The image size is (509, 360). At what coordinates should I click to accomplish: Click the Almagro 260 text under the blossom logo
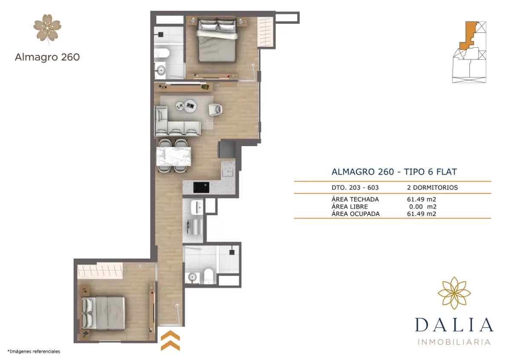click(47, 57)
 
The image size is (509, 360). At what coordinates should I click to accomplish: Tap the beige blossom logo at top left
click(47, 29)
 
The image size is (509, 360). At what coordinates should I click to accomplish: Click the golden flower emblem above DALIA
click(454, 293)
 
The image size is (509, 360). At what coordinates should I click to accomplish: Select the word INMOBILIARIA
click(454, 342)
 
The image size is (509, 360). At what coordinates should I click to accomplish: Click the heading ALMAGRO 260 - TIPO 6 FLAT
click(394, 172)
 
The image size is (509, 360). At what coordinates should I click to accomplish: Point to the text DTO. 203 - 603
click(355, 187)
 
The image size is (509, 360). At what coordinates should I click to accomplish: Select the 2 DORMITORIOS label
click(432, 187)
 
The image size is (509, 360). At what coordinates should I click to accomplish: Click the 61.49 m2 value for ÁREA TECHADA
click(421, 199)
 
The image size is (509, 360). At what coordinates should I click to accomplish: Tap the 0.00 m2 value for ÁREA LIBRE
click(422, 207)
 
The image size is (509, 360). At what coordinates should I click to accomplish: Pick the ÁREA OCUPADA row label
click(355, 214)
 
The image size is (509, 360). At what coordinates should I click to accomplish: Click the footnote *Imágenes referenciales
click(34, 351)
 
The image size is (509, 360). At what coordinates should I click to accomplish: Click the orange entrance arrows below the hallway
click(170, 340)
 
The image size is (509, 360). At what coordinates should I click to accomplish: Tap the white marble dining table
click(174, 156)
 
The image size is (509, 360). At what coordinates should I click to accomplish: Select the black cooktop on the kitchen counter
click(201, 187)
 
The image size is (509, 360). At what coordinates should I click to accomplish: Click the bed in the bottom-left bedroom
click(105, 313)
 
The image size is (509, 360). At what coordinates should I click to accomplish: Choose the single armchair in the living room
click(215, 109)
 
